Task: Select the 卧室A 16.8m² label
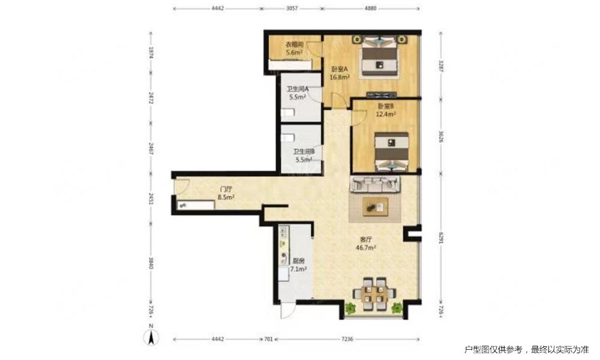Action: [x=340, y=73]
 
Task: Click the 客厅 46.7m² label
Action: [x=366, y=244]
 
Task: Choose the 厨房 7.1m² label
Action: [x=298, y=265]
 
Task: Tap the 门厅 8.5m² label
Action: [x=226, y=193]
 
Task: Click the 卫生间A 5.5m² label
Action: [x=298, y=93]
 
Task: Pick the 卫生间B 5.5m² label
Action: [x=304, y=156]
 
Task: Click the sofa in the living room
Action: [x=376, y=184]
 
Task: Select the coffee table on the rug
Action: [x=376, y=207]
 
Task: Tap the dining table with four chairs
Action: [x=374, y=294]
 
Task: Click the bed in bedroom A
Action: [x=379, y=56]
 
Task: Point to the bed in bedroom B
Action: [x=391, y=151]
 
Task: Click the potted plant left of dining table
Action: [x=350, y=308]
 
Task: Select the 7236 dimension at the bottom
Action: [x=347, y=339]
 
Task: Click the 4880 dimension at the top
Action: [x=370, y=8]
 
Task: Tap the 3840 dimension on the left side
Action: [x=151, y=262]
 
